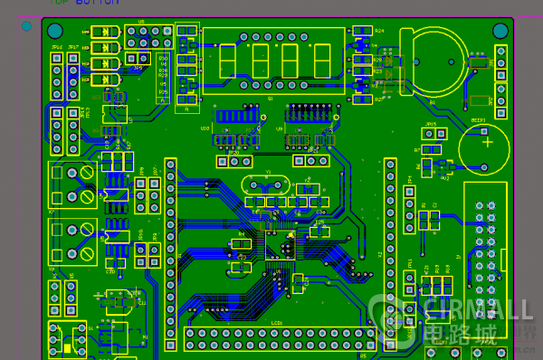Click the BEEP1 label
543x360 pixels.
pyautogui.click(x=479, y=119)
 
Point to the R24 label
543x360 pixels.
pyautogui.click(x=378, y=31)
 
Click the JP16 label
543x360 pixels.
pyautogui.click(x=57, y=46)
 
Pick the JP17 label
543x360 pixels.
pyautogui.click(x=73, y=46)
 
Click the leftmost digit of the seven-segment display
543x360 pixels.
pyautogui.click(x=227, y=61)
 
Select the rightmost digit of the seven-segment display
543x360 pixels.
pyautogui.click(x=321, y=61)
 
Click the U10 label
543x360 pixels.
pyautogui.click(x=205, y=128)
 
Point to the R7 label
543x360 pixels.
pyautogui.click(x=417, y=150)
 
